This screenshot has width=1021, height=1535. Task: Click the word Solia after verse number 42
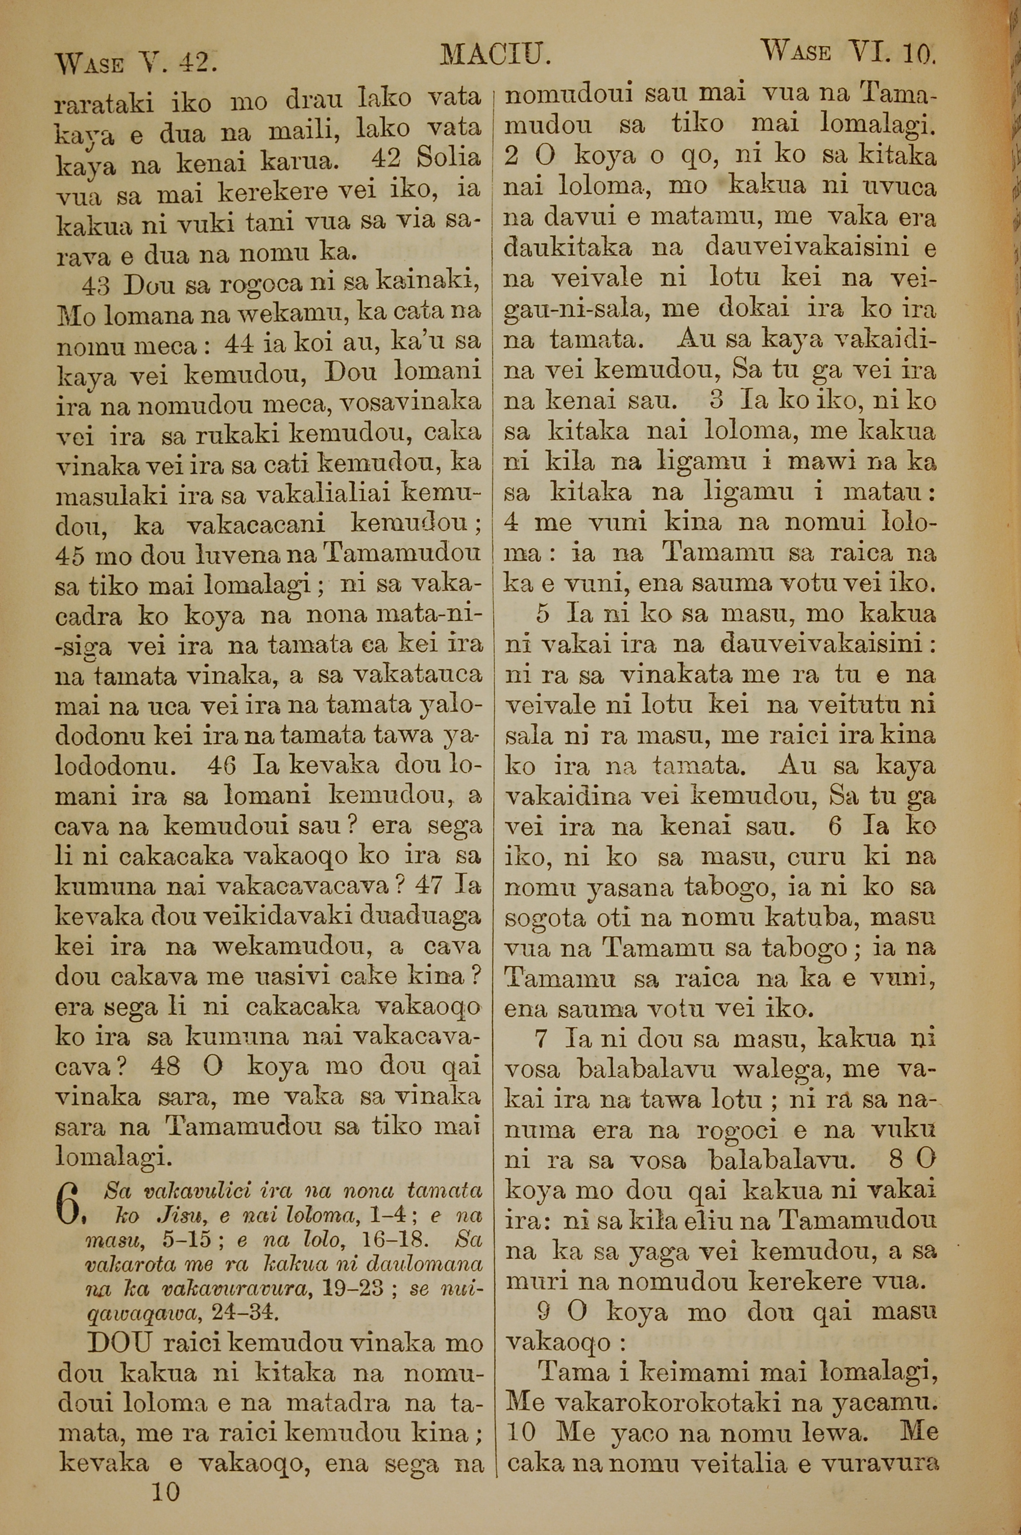pos(448,159)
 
